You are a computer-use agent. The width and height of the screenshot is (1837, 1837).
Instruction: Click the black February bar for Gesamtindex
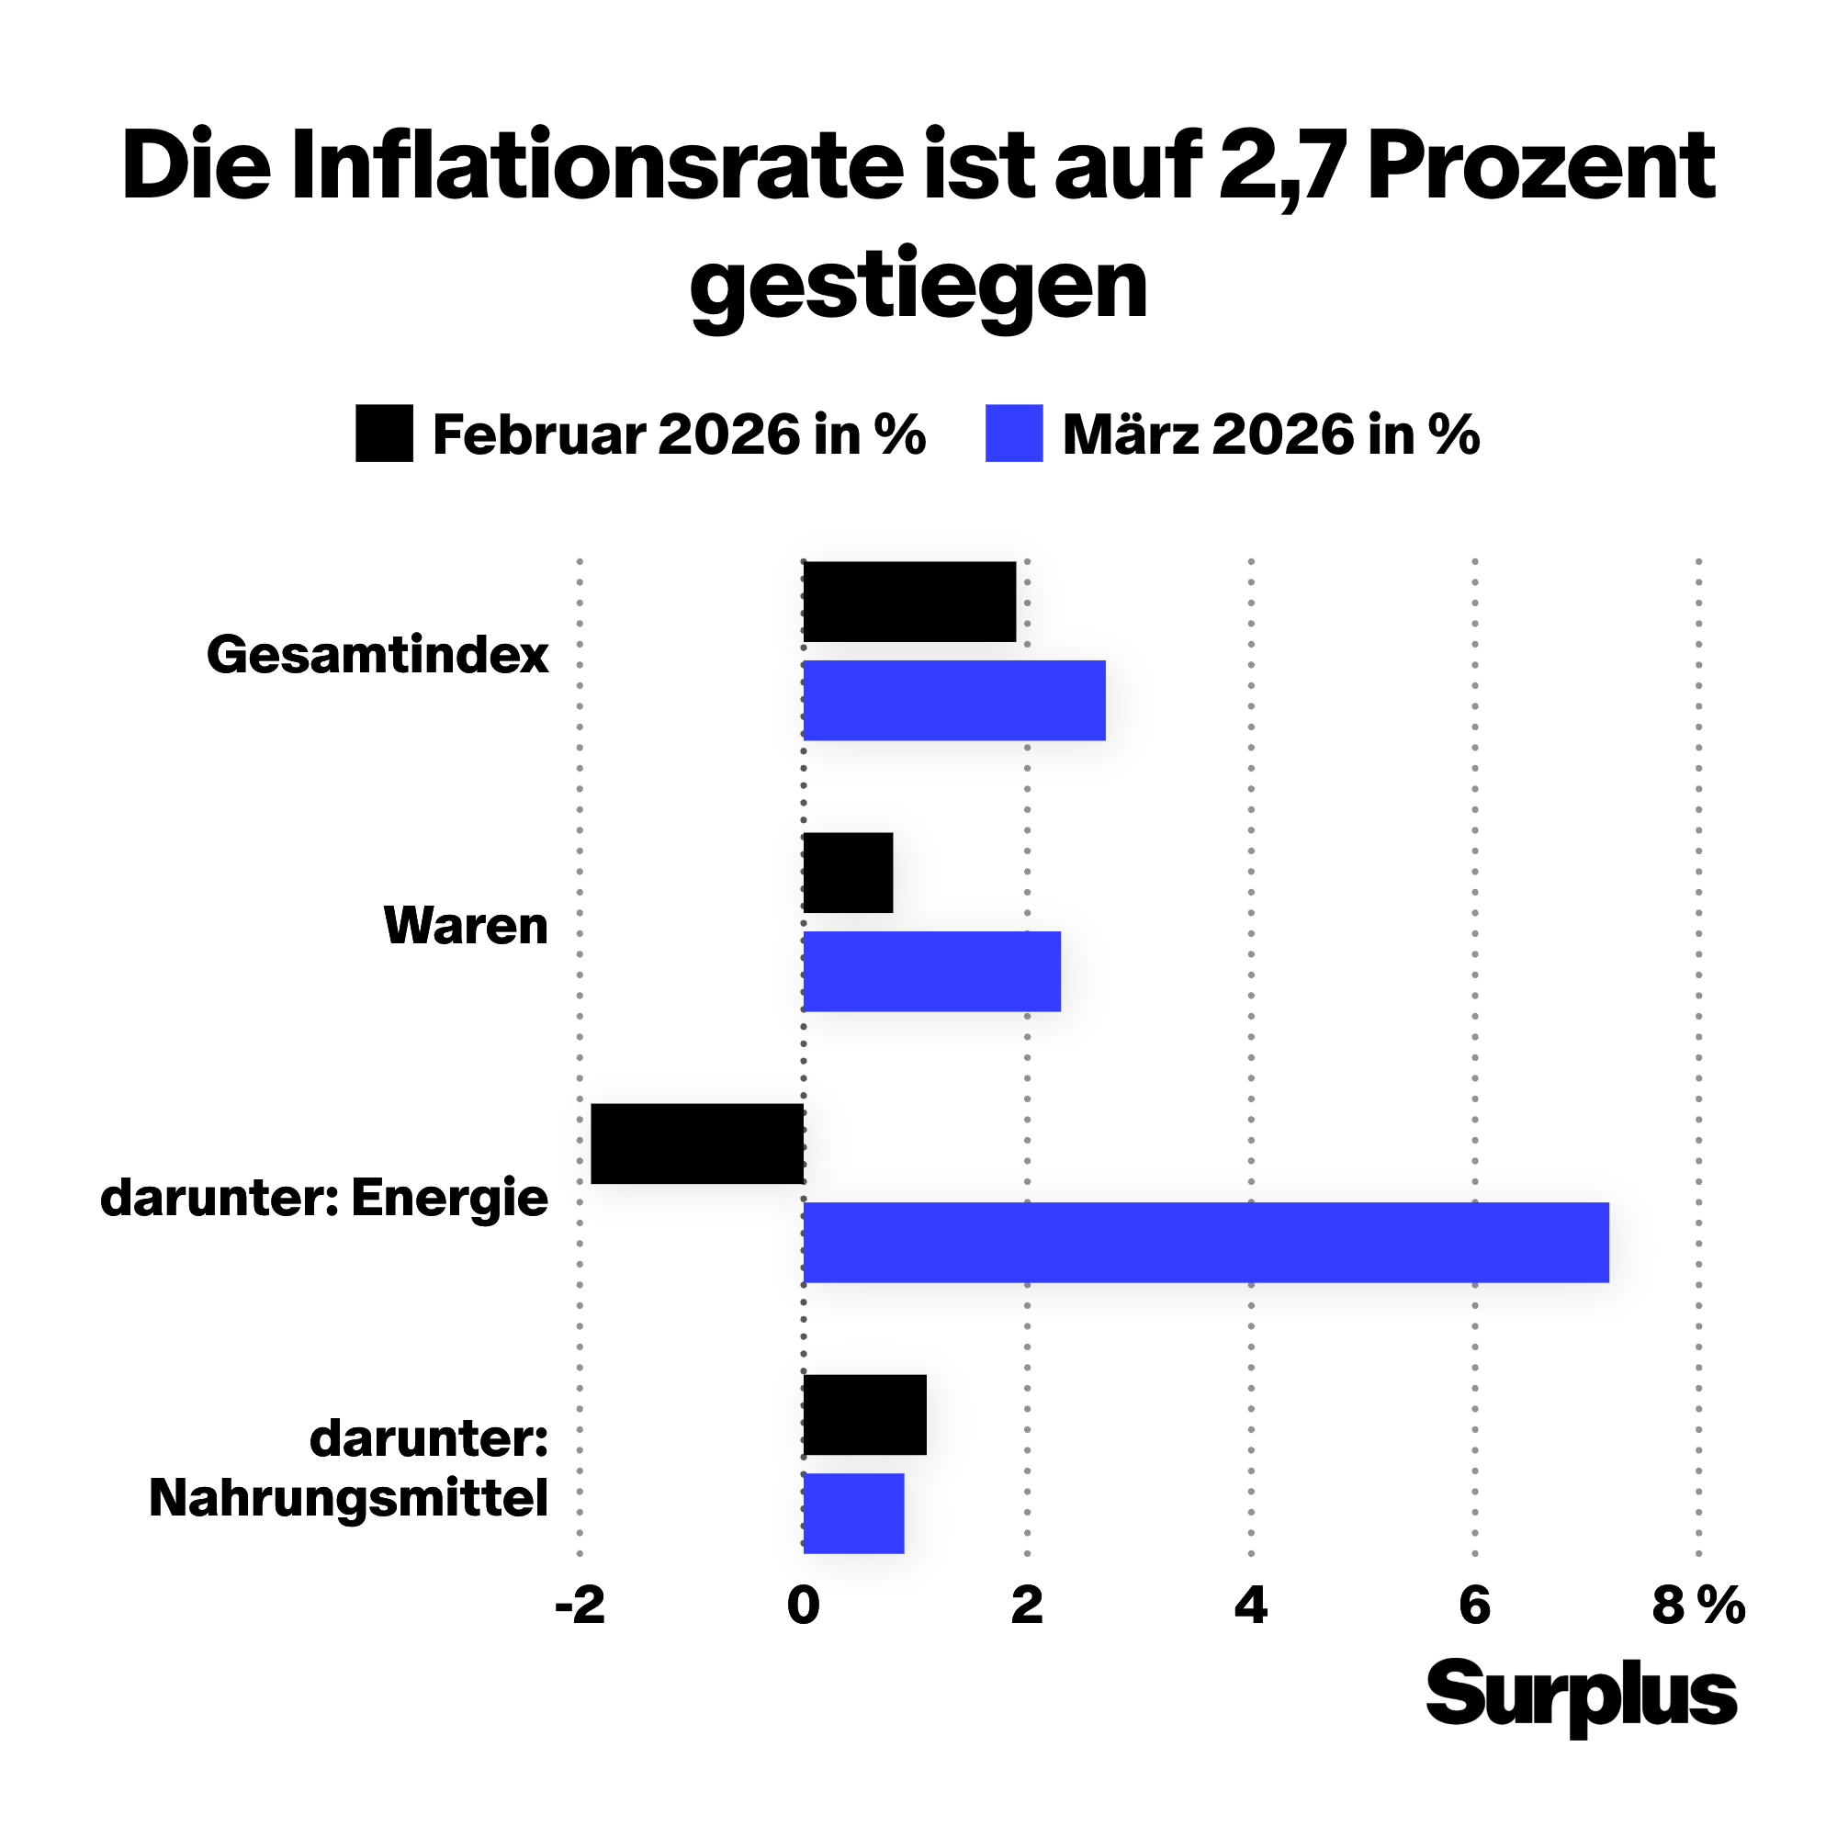pos(909,602)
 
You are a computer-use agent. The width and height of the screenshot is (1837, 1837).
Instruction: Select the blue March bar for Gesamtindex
pos(953,700)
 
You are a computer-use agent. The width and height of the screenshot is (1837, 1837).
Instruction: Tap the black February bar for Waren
pos(847,873)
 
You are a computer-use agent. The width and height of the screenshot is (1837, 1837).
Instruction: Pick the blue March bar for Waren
pos(931,971)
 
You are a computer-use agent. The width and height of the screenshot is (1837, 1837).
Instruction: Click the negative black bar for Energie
pos(697,1144)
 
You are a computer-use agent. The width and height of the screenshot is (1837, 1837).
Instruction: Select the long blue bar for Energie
pos(1206,1242)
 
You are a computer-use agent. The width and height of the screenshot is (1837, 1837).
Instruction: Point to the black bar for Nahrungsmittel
pos(864,1414)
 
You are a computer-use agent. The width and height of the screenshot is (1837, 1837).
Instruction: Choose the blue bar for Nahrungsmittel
pos(853,1513)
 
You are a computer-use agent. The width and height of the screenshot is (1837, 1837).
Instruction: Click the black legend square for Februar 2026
pos(384,434)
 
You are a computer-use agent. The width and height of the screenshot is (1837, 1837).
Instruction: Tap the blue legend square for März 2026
pos(1014,434)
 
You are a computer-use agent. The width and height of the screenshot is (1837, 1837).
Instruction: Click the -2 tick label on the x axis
pos(579,1606)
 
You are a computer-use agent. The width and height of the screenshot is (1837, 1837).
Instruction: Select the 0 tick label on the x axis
pos(804,1606)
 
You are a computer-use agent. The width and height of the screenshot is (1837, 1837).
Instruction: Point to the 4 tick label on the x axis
pos(1250,1606)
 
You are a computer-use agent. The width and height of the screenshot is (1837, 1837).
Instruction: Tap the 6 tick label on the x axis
pos(1475,1606)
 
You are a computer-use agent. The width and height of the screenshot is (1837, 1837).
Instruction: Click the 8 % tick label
pos(1699,1606)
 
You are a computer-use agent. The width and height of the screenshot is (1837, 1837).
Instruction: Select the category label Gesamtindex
pos(378,655)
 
